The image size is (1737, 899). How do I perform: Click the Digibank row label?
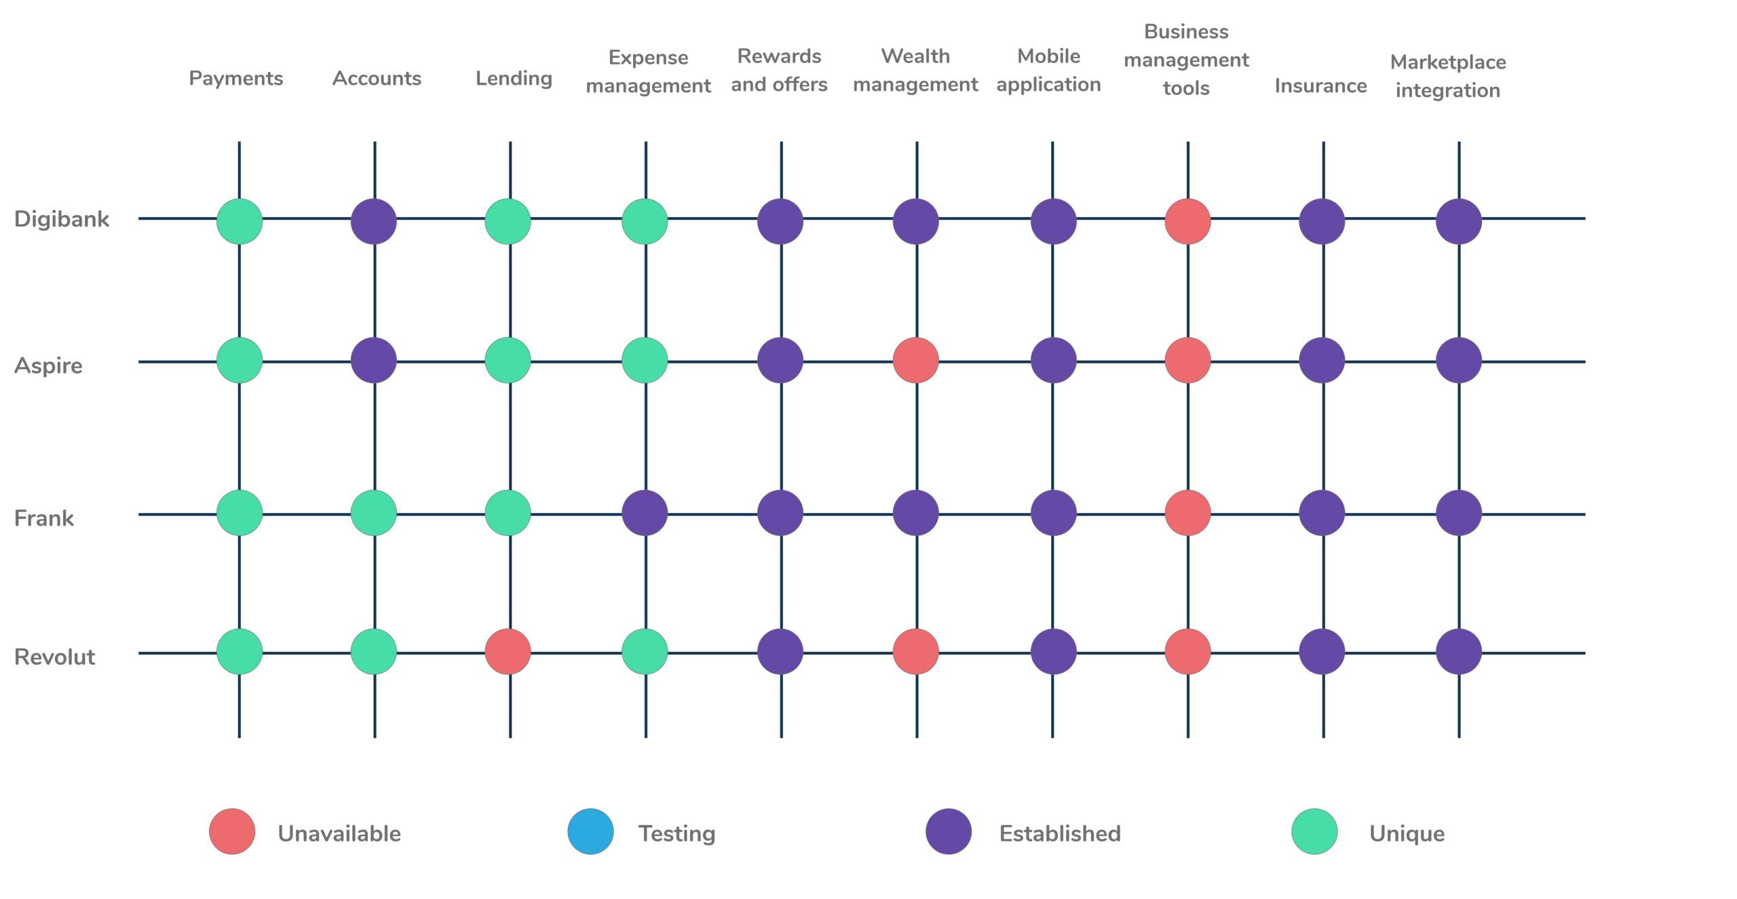coord(61,219)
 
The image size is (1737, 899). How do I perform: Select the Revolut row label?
coord(54,657)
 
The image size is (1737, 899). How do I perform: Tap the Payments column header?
coord(235,79)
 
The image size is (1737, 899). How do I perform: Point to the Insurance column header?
coord(1320,85)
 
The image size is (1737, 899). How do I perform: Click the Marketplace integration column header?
coord(1448,76)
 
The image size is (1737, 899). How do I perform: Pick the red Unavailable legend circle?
coord(232,831)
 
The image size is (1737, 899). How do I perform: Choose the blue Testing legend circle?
coord(590,831)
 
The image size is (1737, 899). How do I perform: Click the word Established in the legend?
coord(1059,833)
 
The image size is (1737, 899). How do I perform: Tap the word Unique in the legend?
coord(1407,833)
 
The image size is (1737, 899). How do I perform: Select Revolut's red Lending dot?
coord(508,651)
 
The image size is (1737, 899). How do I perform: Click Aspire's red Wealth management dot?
coord(916,360)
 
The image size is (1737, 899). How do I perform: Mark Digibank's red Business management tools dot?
coord(1188,221)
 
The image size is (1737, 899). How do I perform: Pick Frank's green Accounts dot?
coord(374,513)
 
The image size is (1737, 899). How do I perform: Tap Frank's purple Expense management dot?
coord(645,513)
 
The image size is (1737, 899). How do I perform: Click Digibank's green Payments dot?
coord(240,221)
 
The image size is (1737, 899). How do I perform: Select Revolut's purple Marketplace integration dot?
coord(1459,651)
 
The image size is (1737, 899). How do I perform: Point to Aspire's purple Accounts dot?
coord(374,360)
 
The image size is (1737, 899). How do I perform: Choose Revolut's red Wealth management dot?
coord(916,651)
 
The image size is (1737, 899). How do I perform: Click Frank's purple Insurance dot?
coord(1322,513)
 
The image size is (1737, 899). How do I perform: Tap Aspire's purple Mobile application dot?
coord(1054,360)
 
